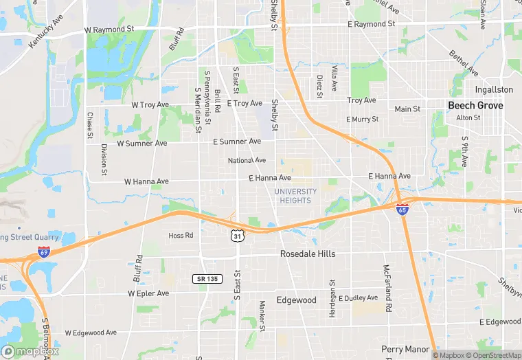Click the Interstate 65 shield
403,208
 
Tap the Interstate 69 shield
45,252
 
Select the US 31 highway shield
236,236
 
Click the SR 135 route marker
207,278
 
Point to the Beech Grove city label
475,105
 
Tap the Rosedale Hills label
308,254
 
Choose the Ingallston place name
494,89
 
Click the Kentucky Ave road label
45,32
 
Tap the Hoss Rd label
181,235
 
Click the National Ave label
247,160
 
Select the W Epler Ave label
148,293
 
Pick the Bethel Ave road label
463,63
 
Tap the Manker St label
262,315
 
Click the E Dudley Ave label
359,298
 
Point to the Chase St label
89,125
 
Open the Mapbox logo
30,351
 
